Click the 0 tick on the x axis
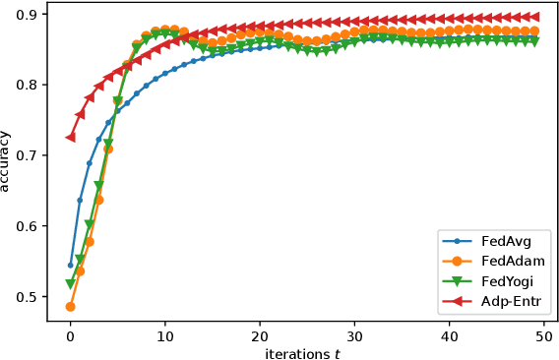click(70, 336)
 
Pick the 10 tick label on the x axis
click(164, 336)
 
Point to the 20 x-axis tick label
click(260, 336)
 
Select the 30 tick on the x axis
click(354, 336)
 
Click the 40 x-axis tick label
click(449, 336)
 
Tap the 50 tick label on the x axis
click(544, 336)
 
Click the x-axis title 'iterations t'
click(302, 352)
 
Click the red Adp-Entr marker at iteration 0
click(70, 137)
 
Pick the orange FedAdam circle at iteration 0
click(70, 306)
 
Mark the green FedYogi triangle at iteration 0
click(70, 284)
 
